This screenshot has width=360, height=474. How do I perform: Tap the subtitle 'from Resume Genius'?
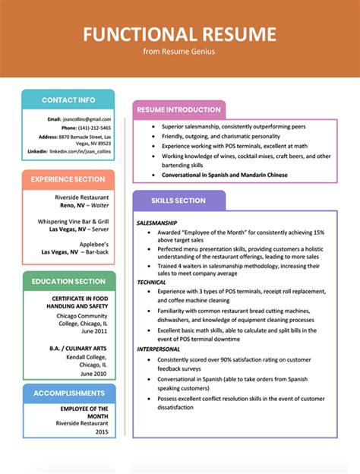(179, 52)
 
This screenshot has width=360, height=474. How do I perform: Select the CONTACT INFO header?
(68, 100)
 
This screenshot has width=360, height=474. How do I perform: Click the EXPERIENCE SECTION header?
(68, 179)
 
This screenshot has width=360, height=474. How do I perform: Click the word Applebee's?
(93, 244)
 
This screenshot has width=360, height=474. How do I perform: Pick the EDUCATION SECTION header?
(68, 282)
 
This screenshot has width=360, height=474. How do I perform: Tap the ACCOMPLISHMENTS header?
(69, 393)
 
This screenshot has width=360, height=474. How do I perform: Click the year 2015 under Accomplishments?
(102, 431)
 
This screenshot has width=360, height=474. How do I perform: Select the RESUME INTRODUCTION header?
(178, 110)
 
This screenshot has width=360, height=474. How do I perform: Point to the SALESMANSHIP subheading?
(157, 223)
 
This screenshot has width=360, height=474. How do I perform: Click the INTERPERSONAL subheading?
(158, 349)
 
